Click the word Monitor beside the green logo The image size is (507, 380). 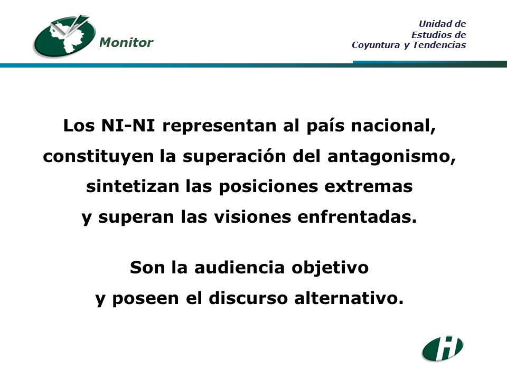pos(126,42)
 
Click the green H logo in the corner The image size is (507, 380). pos(443,348)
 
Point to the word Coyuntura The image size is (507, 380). pos(375,45)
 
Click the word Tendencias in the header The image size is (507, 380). pos(439,44)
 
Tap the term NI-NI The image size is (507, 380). pos(128,126)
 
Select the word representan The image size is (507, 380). pos(219,126)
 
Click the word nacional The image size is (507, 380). pos(393,126)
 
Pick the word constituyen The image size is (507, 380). pos(98,157)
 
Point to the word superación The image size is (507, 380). pos(234,156)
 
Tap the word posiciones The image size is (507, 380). pos(268,187)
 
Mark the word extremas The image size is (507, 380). pos(369,187)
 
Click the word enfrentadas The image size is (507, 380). pos(357,217)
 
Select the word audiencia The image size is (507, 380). pos(239,268)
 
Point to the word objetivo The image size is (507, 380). pos(330,268)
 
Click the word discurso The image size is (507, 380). pos(248,298)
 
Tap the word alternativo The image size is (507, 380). pos(349,298)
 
